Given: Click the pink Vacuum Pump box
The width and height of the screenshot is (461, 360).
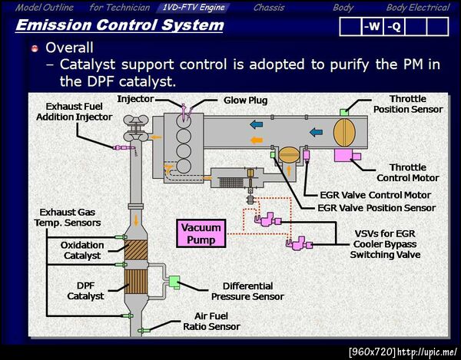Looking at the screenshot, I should point(201,233).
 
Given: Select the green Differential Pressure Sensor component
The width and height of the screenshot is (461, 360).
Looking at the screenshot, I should point(174,282).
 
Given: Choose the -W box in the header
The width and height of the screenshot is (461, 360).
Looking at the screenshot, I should point(372,27).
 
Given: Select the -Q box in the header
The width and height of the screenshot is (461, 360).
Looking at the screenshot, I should point(393,27).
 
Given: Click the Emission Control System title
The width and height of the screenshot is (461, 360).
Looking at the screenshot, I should point(119,25).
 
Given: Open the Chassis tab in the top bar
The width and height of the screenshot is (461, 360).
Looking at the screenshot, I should point(268,8).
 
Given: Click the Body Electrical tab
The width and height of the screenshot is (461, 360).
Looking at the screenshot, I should point(417,8).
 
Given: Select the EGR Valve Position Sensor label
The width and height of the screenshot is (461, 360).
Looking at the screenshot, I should point(376,207).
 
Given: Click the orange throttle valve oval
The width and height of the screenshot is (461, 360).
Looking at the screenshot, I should point(344,129).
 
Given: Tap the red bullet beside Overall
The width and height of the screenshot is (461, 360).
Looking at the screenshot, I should point(35,48).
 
